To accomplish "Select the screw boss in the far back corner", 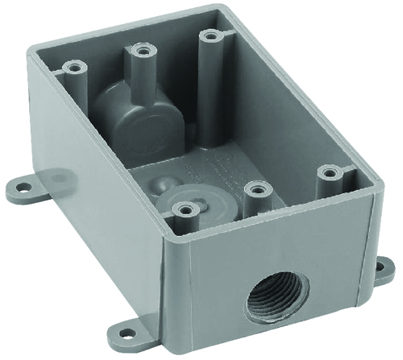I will click(x=211, y=36).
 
